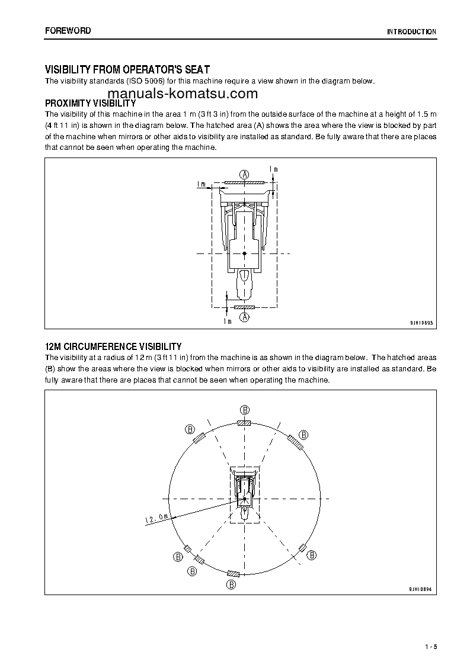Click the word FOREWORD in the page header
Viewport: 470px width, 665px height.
[x=68, y=31]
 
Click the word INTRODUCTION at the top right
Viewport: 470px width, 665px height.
[x=411, y=32]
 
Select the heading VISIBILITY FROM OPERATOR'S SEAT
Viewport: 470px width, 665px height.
[x=127, y=70]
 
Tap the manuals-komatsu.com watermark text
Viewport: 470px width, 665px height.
[x=183, y=94]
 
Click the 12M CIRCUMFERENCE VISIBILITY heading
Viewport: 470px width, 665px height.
[x=113, y=346]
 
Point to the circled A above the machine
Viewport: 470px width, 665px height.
[x=244, y=174]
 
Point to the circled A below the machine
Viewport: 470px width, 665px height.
[x=244, y=317]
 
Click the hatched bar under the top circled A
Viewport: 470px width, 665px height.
[x=244, y=183]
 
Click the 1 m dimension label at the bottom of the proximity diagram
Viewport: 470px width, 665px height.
[x=227, y=321]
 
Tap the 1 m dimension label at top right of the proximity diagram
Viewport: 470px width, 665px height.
[x=273, y=169]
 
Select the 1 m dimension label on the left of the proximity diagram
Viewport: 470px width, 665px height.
[x=201, y=184]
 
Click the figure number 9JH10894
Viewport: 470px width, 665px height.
[x=421, y=589]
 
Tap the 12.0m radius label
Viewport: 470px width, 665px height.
[x=156, y=519]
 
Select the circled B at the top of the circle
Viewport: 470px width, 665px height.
[x=244, y=410]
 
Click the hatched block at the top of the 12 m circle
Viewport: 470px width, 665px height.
[x=244, y=423]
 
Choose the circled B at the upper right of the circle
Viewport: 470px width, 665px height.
[x=303, y=435]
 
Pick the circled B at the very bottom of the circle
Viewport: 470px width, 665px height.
[x=232, y=584]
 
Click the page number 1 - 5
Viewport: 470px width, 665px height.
[x=430, y=645]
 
